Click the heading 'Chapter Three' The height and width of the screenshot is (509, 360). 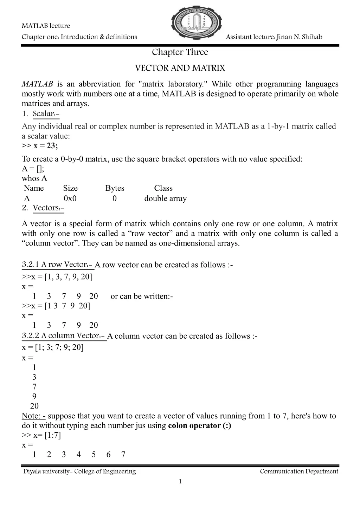[180, 52]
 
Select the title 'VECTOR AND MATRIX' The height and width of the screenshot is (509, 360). [180, 68]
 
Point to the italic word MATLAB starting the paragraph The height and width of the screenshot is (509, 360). [37, 84]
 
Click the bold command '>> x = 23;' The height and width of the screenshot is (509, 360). [40, 146]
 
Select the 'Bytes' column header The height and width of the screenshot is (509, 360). [115, 188]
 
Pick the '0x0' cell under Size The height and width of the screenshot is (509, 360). [70, 198]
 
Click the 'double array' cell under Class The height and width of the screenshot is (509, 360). [165, 198]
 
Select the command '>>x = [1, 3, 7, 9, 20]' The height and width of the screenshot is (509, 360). [57, 277]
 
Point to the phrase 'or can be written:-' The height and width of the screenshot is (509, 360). [142, 296]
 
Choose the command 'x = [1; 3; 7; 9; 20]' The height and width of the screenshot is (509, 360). [53, 348]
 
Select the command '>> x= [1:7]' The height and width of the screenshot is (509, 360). [41, 436]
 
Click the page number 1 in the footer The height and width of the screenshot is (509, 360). [180, 482]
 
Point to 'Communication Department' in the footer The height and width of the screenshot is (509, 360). [299, 471]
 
